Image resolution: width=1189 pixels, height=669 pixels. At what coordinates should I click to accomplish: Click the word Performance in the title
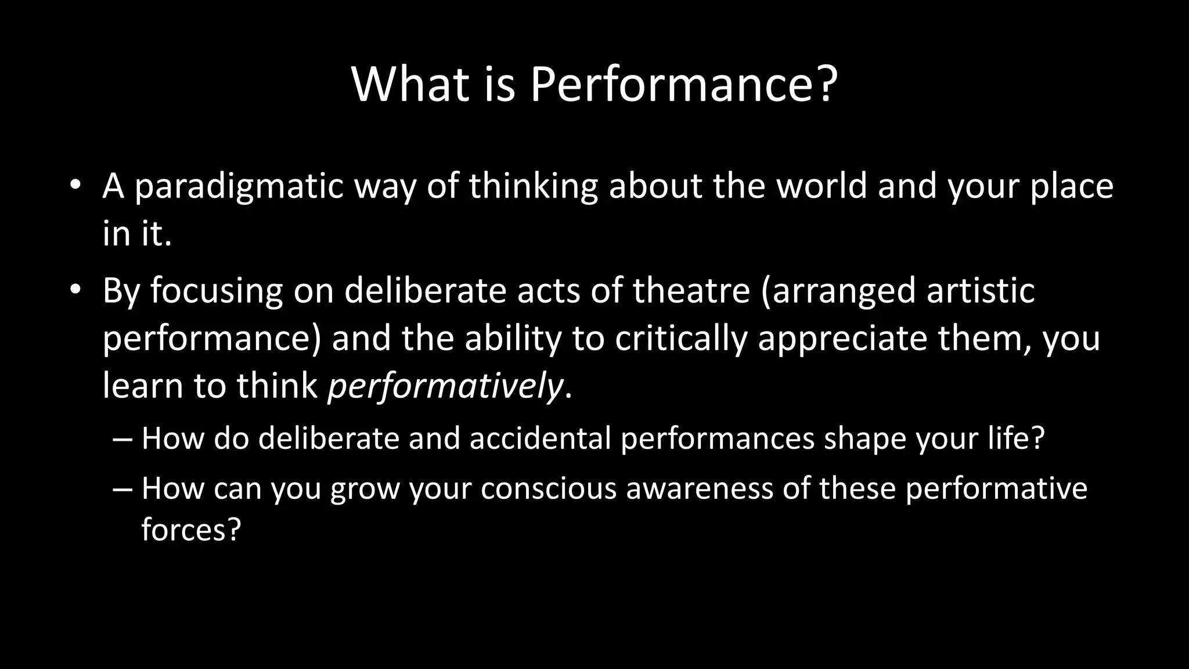[x=675, y=85]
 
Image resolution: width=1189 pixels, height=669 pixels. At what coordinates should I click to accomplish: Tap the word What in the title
[x=410, y=85]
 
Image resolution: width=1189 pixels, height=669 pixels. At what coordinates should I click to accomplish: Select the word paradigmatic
[x=239, y=187]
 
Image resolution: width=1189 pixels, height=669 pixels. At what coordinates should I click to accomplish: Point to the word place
[x=1072, y=187]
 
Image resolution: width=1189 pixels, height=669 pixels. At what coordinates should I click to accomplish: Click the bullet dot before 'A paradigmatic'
[x=74, y=186]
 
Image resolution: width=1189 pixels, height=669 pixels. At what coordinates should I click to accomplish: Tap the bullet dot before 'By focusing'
[x=74, y=290]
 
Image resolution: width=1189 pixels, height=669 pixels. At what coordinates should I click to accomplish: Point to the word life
[x=1008, y=438]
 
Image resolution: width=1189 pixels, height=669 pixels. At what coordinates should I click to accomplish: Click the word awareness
[x=700, y=488]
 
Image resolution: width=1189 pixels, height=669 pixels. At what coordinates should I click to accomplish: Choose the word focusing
[x=217, y=292]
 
